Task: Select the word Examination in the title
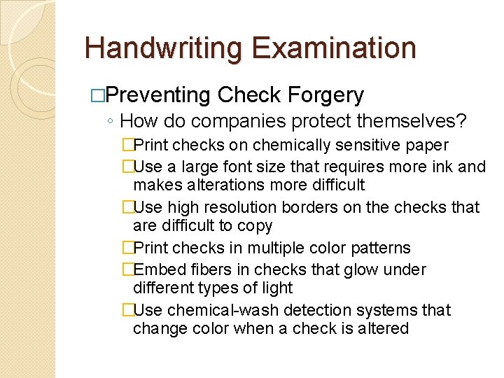[x=335, y=48]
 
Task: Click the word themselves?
[x=412, y=121]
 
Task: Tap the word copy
[x=255, y=225]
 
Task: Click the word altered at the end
[x=384, y=328]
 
